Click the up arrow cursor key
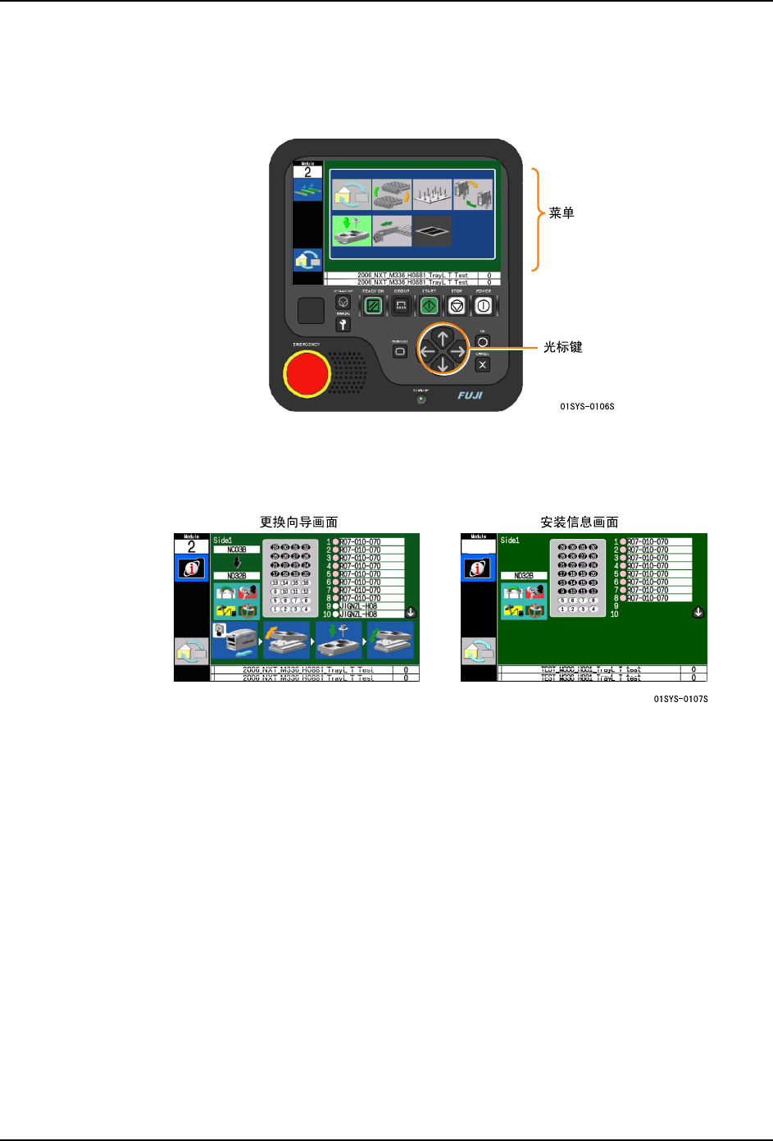click(443, 336)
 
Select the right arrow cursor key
click(458, 351)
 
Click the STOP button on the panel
click(457, 306)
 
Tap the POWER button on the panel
click(484, 306)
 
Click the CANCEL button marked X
click(483, 365)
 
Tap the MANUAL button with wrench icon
click(343, 325)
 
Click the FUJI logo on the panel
click(471, 395)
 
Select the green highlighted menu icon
click(351, 230)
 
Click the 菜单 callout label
click(562, 213)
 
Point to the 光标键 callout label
click(563, 348)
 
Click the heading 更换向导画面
click(298, 523)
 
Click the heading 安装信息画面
click(579, 523)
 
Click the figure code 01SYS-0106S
click(587, 407)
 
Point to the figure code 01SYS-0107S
click(680, 699)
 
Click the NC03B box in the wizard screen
click(236, 550)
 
